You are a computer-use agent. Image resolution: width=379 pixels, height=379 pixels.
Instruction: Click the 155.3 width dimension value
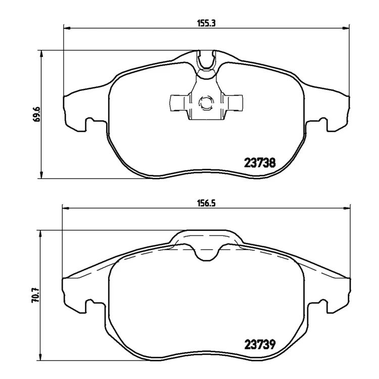click(206, 23)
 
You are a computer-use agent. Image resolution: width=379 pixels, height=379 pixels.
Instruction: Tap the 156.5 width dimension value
click(206, 203)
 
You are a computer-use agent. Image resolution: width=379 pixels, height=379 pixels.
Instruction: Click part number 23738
click(260, 163)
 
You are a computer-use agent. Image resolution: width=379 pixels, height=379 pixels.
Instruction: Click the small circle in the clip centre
click(206, 103)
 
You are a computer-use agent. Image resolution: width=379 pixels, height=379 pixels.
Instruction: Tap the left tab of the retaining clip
click(179, 103)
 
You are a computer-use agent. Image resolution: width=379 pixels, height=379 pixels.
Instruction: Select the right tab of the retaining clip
click(233, 103)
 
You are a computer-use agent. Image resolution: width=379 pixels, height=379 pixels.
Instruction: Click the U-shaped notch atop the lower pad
click(206, 254)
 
